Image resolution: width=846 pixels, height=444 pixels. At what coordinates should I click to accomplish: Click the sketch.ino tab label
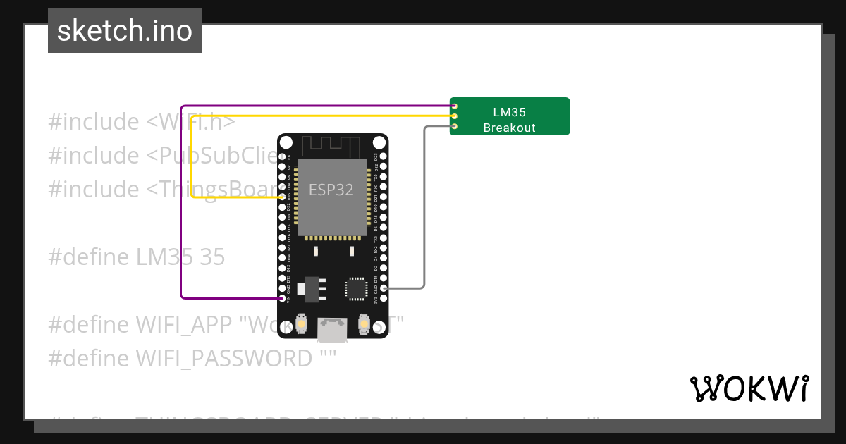point(125,31)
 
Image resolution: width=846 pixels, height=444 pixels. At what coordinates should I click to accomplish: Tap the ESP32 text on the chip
point(331,190)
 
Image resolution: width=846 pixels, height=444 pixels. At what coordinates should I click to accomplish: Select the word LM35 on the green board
point(509,112)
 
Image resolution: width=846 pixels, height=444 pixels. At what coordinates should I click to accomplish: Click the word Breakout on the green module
point(509,128)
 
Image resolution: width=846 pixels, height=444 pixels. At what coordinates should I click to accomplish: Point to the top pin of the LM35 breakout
point(455,106)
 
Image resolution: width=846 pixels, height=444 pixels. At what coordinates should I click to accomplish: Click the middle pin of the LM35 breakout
point(455,116)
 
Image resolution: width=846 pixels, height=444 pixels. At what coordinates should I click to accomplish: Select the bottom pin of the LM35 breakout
point(455,126)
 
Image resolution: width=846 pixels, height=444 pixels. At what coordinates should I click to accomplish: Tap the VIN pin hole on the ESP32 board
point(283,299)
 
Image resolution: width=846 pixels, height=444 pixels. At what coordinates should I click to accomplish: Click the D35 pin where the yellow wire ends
point(283,197)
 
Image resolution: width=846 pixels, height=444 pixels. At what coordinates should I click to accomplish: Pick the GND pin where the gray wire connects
point(383,288)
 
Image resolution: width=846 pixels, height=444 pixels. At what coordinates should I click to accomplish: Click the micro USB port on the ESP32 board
point(333,329)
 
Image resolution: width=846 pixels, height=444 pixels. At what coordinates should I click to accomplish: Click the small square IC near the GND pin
point(356,289)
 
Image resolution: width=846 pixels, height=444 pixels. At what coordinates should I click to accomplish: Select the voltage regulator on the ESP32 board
point(311,288)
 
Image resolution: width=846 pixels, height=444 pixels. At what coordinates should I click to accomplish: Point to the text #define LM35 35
point(136,257)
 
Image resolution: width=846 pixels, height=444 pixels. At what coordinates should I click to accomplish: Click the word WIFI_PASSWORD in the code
point(223,359)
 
